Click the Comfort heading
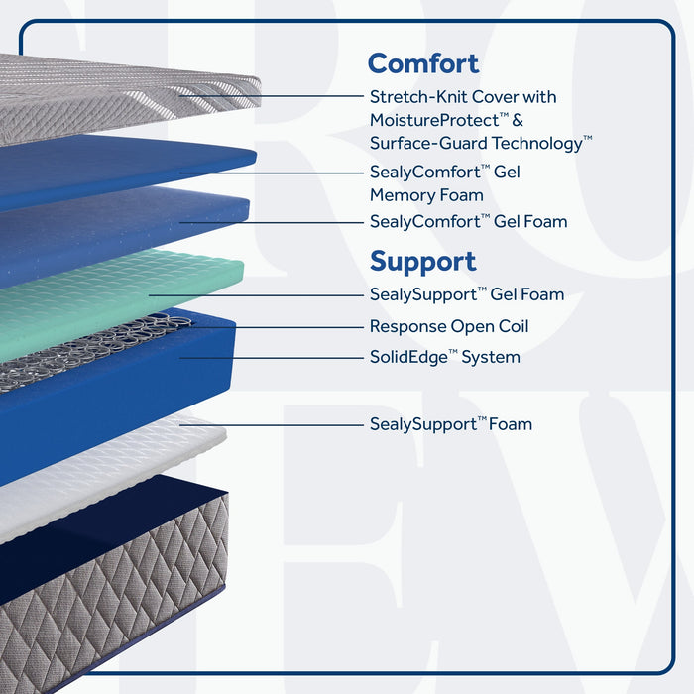click(423, 63)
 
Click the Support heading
click(422, 262)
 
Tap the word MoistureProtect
click(434, 120)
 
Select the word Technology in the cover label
click(537, 144)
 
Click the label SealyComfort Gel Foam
click(468, 221)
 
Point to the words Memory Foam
click(426, 195)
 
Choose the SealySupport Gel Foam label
click(467, 294)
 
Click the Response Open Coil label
click(449, 326)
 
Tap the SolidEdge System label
click(445, 357)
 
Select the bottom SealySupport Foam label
click(451, 424)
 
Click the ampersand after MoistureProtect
click(518, 120)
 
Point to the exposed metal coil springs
click(88, 350)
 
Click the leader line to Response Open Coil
click(276, 327)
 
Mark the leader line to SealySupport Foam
click(272, 425)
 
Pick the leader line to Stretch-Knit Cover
click(272, 95)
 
